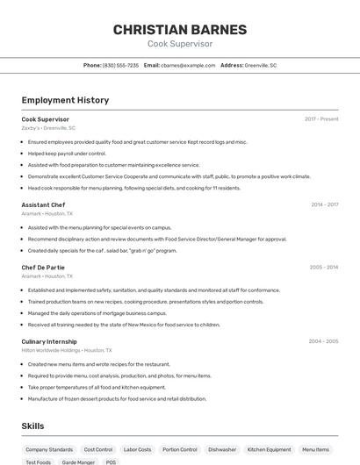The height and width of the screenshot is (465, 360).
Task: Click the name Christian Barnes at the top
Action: tap(179, 29)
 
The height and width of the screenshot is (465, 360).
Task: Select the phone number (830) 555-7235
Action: tap(121, 65)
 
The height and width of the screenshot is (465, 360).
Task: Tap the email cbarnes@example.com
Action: tap(188, 65)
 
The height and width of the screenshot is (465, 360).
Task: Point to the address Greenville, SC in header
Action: tap(260, 65)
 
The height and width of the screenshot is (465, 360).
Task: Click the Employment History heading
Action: tap(65, 100)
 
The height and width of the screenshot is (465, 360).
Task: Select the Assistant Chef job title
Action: tap(43, 204)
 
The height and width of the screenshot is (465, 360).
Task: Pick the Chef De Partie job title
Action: tap(43, 267)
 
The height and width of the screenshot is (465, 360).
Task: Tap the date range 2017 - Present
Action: tap(321, 118)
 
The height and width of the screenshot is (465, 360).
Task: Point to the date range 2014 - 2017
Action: tap(324, 204)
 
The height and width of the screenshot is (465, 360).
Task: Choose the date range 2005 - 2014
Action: tap(324, 267)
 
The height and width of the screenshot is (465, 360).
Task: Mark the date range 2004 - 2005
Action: tap(323, 340)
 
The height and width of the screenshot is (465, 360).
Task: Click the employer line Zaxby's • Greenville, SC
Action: tap(48, 127)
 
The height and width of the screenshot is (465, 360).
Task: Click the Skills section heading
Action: tap(33, 426)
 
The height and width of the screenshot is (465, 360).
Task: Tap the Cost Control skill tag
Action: tap(98, 449)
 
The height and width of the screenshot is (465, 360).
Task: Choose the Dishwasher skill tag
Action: tap(222, 449)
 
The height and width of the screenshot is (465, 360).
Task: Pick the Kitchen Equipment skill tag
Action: tap(269, 449)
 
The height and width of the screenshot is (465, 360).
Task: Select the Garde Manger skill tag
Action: tap(78, 461)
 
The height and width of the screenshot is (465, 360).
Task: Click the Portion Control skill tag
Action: tap(180, 449)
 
